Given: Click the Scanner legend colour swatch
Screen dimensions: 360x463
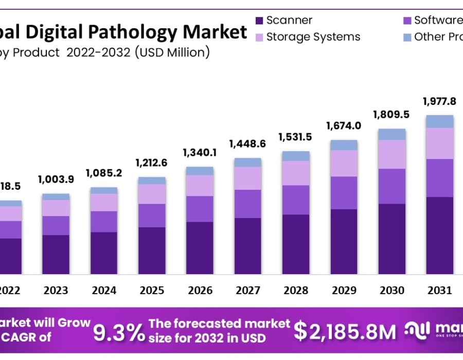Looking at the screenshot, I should coord(259,21).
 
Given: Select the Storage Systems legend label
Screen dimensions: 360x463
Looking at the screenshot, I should coord(313,37).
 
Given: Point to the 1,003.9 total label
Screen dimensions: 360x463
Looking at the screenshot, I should coord(56,179).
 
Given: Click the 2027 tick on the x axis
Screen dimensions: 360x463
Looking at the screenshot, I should coord(248,291).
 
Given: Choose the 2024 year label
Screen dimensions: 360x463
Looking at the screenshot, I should coord(104,291).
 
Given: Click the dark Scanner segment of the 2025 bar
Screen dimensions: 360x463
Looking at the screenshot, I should coord(152,250).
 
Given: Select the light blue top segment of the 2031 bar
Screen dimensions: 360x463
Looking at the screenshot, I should coord(439,121).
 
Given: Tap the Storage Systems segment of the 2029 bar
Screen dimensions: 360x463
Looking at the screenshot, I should coord(344,164).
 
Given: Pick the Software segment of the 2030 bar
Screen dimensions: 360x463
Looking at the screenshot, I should coord(391,186).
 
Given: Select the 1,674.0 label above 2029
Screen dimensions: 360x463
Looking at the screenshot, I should coord(343,126).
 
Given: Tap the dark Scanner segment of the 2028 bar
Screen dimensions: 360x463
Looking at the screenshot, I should coord(296,244).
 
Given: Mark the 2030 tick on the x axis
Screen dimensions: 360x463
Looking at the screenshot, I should coord(392,291).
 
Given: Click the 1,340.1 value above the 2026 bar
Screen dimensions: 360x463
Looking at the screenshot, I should coord(200,153).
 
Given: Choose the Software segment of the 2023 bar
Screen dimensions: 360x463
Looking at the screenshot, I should coord(56,226).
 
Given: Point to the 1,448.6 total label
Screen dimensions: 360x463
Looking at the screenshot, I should coord(248,144).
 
